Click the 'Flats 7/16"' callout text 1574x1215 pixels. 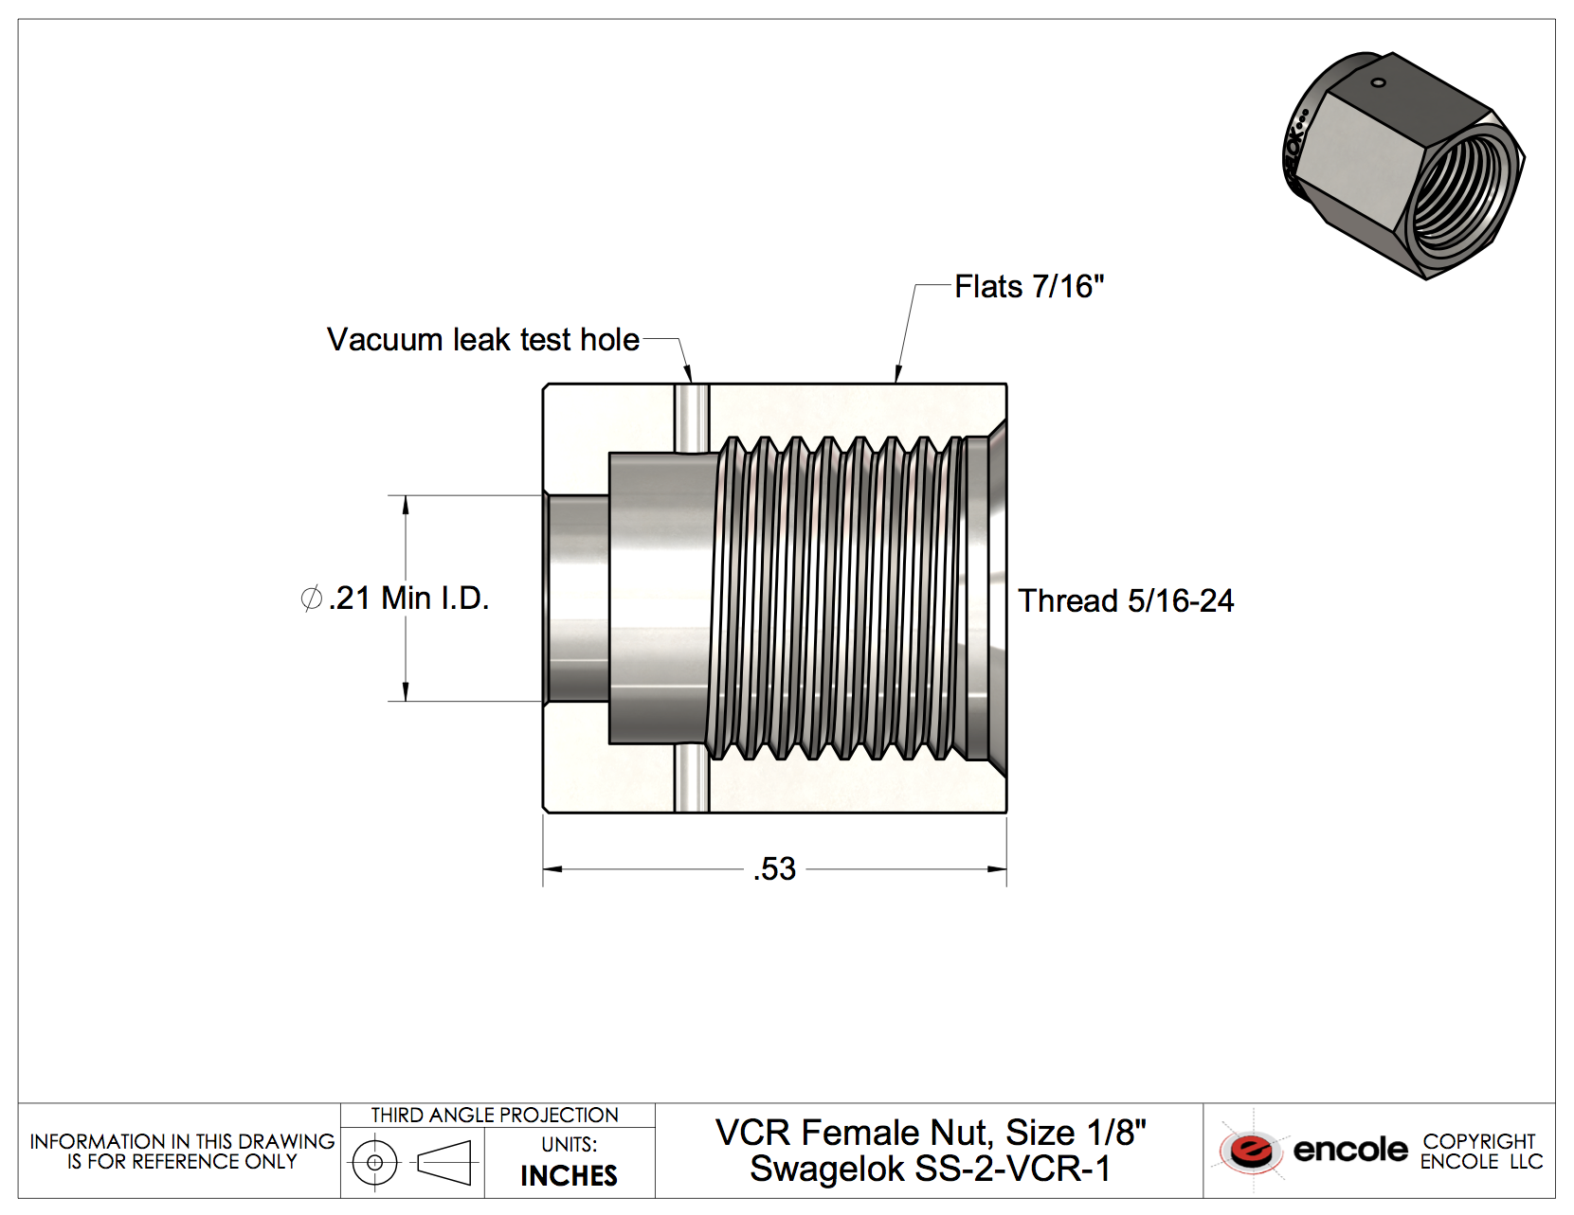tap(1029, 286)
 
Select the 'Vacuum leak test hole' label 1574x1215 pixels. tap(482, 339)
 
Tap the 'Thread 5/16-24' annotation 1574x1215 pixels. tap(1126, 600)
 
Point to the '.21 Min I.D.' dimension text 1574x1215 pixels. tap(408, 599)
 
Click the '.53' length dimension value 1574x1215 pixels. tap(774, 869)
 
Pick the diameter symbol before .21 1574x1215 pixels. tap(311, 599)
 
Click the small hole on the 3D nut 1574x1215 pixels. tap(1379, 83)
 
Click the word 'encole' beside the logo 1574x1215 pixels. tap(1350, 1150)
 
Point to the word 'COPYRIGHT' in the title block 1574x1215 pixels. tap(1478, 1141)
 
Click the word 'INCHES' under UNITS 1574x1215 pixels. tap(569, 1176)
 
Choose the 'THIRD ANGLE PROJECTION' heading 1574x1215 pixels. tap(495, 1116)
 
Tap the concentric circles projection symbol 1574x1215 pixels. tap(375, 1162)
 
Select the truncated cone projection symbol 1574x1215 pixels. tap(444, 1162)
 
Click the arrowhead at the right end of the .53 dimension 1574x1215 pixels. tap(998, 869)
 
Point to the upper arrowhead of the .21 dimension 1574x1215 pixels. tap(406, 504)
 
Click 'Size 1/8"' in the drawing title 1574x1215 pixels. tap(1076, 1133)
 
